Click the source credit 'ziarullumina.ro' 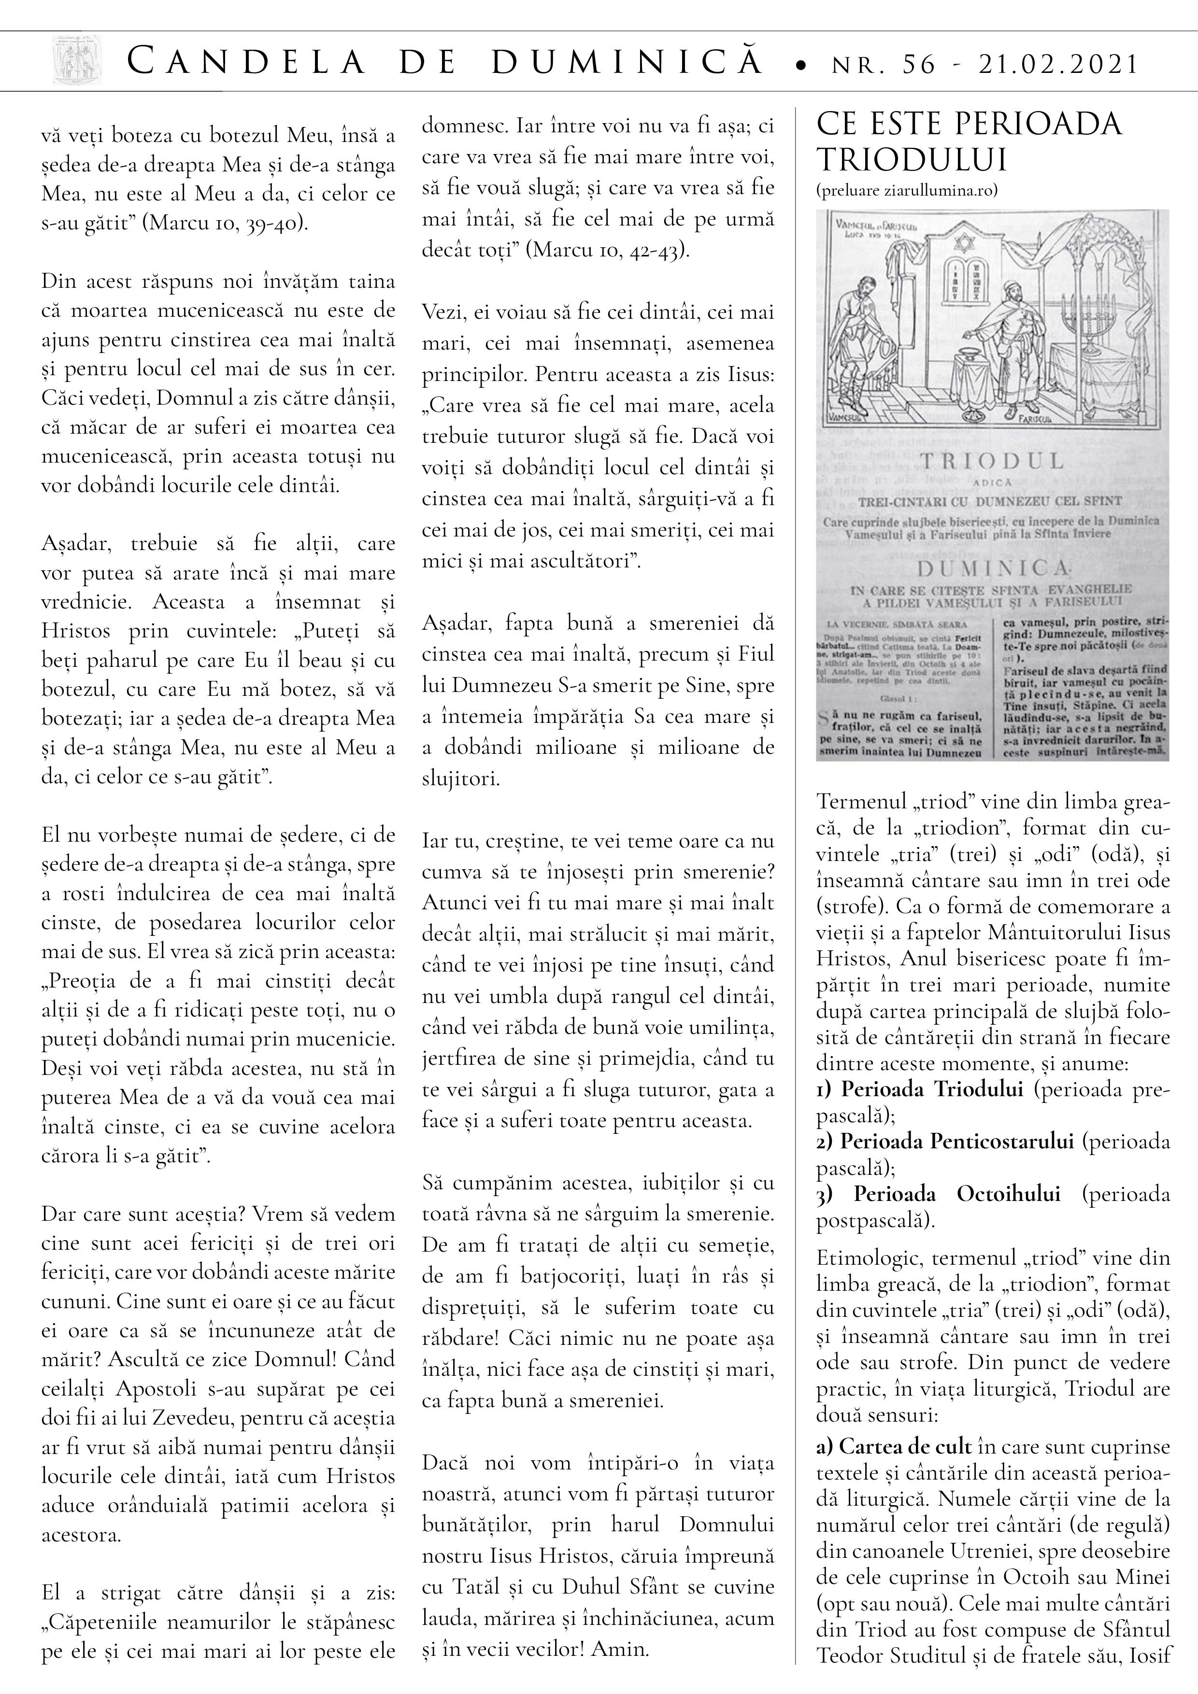pos(941,190)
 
